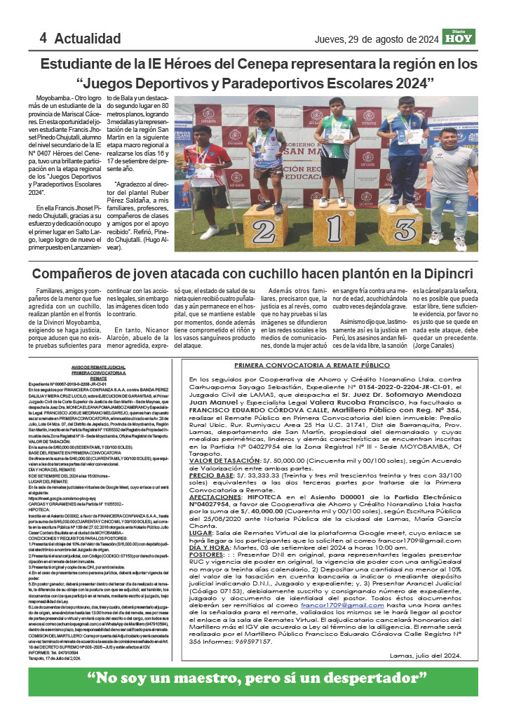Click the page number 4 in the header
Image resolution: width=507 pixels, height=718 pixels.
pos(43,38)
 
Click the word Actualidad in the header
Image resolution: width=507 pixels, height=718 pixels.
pos(88,39)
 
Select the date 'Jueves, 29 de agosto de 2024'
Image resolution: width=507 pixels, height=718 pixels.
pos(377,39)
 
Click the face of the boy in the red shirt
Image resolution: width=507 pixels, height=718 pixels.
pos(220,134)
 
